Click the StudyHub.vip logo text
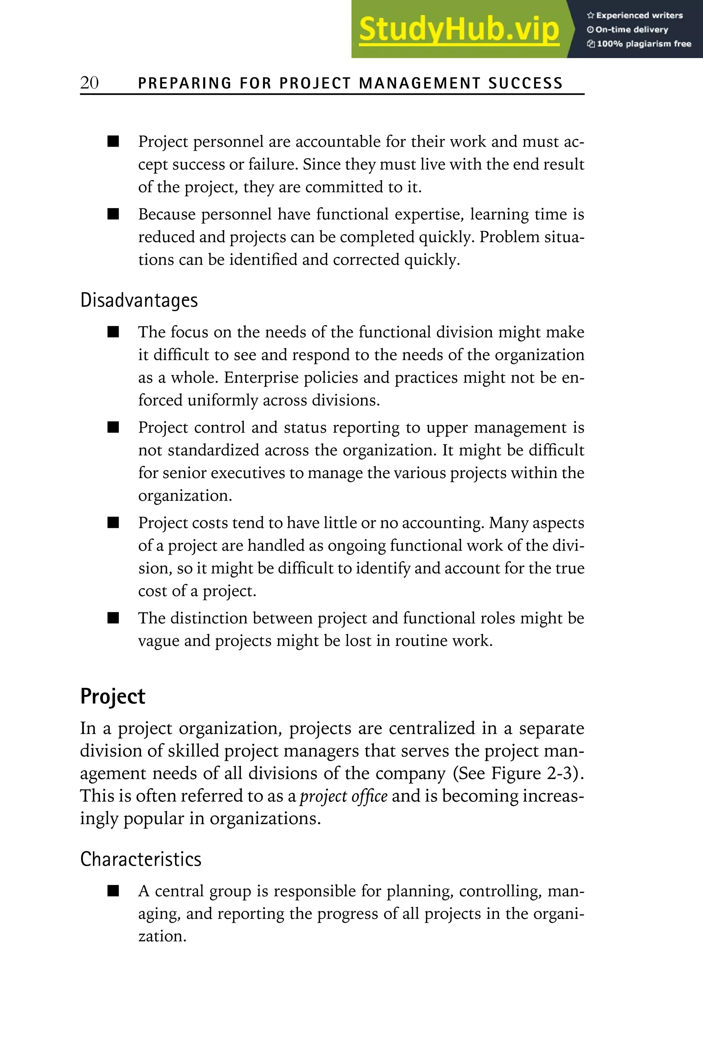click(x=459, y=29)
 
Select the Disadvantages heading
click(x=139, y=300)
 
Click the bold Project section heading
click(x=113, y=696)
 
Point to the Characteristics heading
click(x=141, y=859)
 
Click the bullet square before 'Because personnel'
click(x=113, y=214)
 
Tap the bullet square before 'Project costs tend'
click(x=113, y=523)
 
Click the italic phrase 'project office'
click(x=343, y=796)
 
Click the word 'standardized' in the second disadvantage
click(x=214, y=450)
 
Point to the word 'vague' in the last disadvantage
click(x=158, y=641)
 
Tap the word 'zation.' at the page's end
click(x=162, y=936)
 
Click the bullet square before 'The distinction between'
click(x=113, y=618)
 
